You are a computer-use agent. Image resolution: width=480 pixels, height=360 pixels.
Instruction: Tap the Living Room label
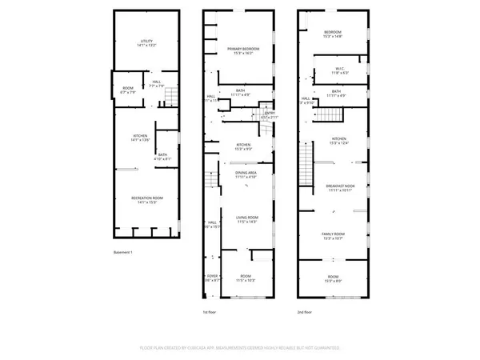246,219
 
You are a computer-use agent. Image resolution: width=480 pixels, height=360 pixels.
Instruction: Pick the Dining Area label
246,175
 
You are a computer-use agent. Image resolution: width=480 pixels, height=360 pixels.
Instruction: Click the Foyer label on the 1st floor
212,278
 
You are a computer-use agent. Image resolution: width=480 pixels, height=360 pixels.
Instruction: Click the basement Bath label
162,157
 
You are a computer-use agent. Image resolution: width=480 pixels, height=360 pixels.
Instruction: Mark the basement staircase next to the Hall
170,98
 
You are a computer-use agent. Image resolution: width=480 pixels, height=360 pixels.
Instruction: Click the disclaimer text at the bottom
240,349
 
